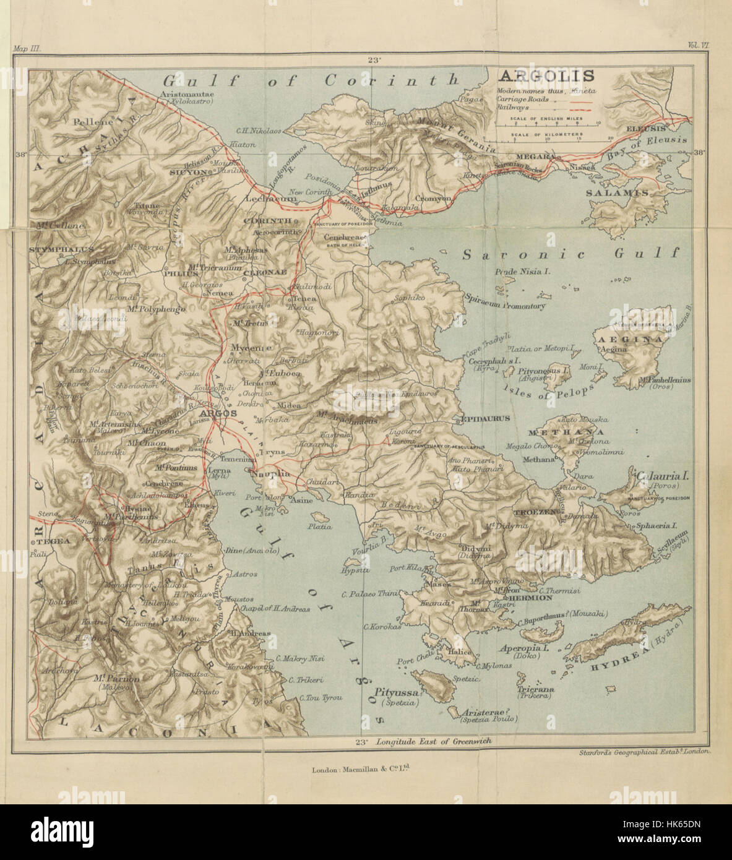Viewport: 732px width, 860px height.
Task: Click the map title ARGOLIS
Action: [546, 76]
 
